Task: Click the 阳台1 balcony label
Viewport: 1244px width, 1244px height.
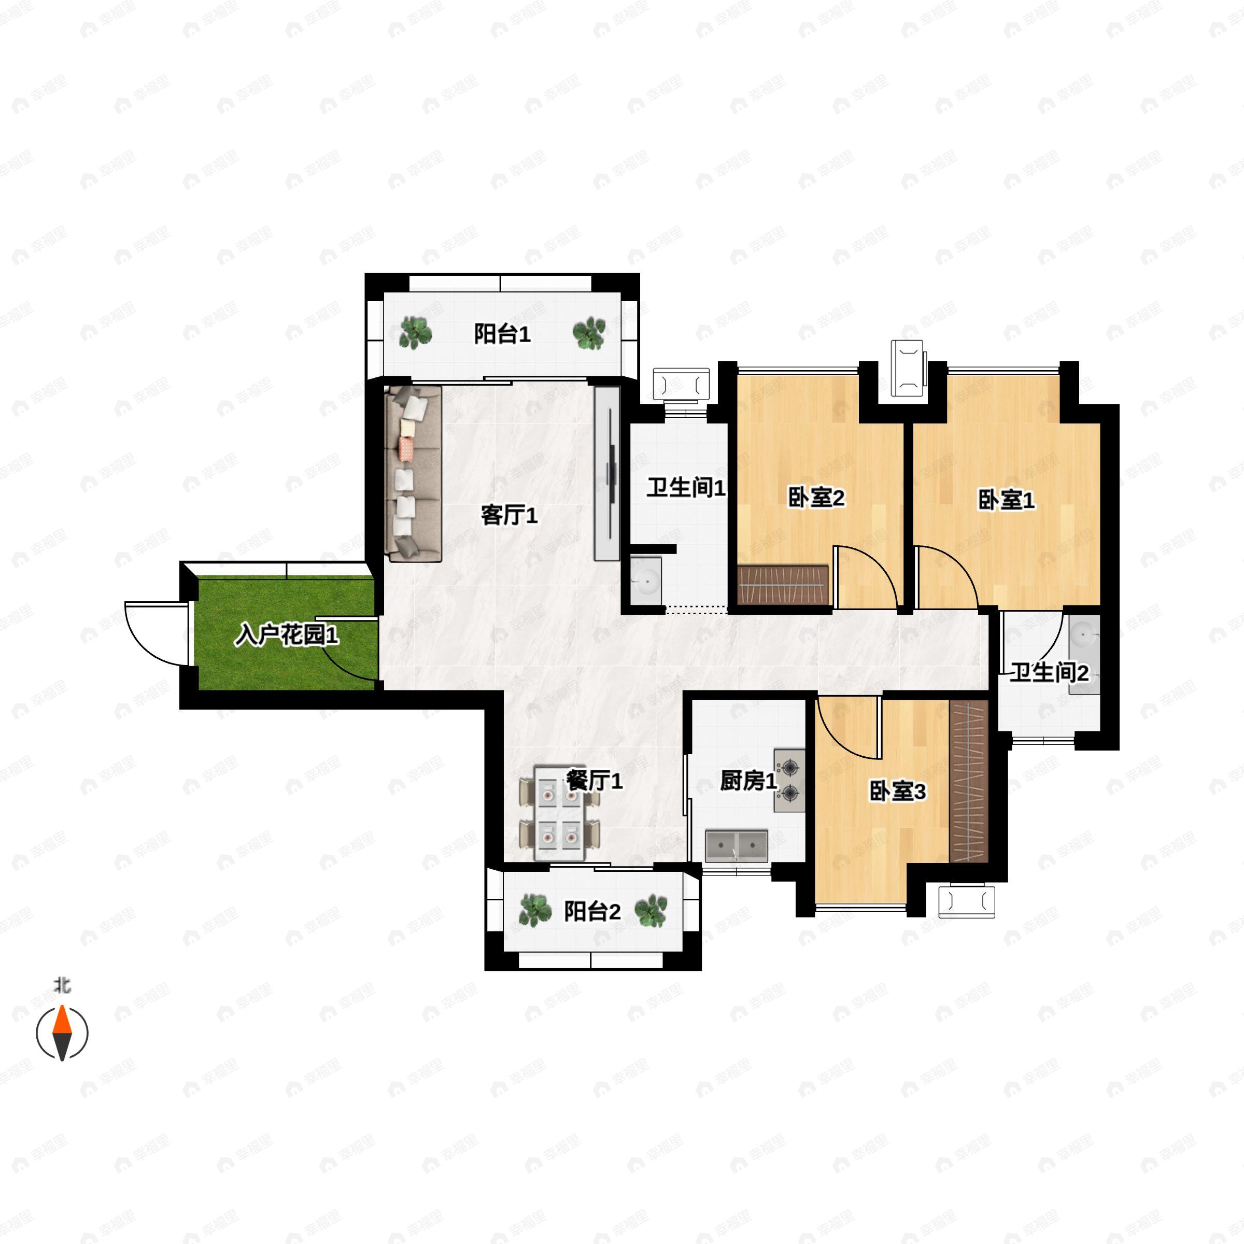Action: [x=502, y=335]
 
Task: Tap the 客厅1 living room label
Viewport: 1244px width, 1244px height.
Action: [x=508, y=515]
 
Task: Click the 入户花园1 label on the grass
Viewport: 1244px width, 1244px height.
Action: [x=287, y=636]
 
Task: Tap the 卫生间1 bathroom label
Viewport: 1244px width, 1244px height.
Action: [x=686, y=487]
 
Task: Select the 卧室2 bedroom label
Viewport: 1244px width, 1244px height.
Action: [x=816, y=498]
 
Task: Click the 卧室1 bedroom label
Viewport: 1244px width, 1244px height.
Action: [x=1006, y=500]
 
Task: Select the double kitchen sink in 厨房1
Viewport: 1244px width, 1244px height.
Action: [x=737, y=846]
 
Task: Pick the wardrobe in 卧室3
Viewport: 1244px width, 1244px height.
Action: [x=968, y=781]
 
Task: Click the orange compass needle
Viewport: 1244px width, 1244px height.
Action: [x=62, y=1024]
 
